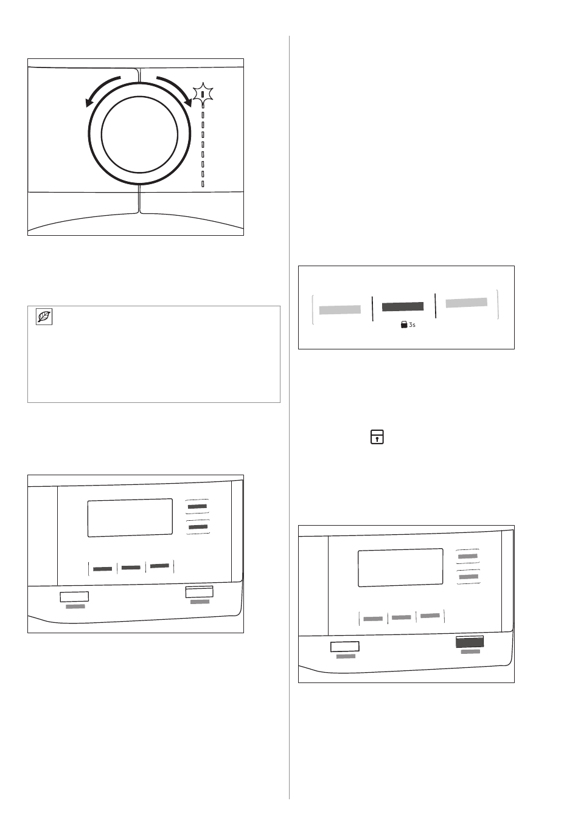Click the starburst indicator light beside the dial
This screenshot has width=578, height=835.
point(203,93)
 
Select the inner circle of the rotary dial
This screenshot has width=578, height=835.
point(139,134)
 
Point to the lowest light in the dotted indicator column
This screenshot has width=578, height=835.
point(203,184)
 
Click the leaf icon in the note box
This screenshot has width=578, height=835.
point(44,317)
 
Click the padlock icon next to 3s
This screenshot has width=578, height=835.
point(404,325)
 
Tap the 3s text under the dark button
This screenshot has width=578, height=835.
point(412,325)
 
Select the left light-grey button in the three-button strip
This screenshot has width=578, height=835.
point(340,309)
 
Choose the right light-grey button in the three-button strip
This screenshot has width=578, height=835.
point(467,303)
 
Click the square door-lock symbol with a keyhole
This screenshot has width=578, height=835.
point(377,436)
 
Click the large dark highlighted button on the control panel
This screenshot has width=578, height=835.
point(470,642)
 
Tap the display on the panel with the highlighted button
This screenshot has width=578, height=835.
point(400,568)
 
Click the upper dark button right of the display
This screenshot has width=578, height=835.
point(197,507)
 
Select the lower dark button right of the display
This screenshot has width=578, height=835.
point(198,527)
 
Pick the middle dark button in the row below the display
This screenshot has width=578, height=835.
point(131,568)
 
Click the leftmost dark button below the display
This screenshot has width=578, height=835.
point(103,569)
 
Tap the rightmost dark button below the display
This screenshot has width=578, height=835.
point(159,566)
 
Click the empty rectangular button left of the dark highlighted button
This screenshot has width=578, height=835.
point(345,647)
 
